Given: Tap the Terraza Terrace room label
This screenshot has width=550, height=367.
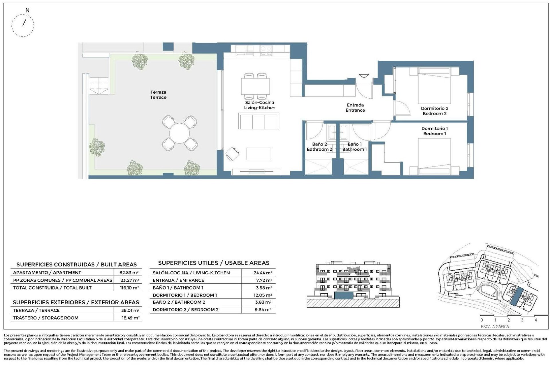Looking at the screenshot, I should point(158,95).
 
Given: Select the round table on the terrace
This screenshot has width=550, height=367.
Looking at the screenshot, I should point(179,134).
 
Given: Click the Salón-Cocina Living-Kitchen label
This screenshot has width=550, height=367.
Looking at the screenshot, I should point(260,105).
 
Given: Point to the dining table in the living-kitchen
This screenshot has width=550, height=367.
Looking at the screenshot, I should point(255,86).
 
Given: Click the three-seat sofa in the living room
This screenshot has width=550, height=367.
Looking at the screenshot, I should point(259,122).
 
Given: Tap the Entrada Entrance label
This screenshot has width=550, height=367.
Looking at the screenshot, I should point(355,108).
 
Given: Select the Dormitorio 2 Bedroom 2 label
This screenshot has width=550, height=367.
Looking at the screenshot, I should point(435,111).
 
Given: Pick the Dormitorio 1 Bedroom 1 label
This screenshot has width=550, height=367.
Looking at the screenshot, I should point(435,131).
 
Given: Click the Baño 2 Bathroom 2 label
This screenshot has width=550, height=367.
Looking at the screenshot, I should point(319,147).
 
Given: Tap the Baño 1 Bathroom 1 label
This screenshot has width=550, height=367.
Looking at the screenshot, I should point(355,147).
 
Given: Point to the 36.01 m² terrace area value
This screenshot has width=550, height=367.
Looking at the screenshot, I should point(130,310).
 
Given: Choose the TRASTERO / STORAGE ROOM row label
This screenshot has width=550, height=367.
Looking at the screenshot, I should point(46,318).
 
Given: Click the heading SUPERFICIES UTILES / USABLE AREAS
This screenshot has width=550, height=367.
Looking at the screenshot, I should point(214,263).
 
